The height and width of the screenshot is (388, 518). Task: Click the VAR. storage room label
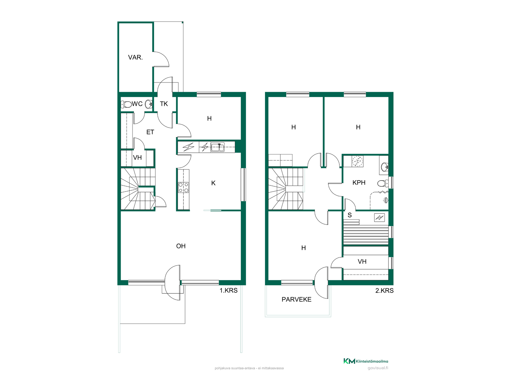[135, 57]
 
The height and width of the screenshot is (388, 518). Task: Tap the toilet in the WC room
[126, 104]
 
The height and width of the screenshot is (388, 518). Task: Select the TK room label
[164, 104]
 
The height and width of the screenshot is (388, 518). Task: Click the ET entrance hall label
[150, 132]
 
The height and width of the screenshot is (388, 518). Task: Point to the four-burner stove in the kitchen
[183, 188]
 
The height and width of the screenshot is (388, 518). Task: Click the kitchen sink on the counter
[217, 147]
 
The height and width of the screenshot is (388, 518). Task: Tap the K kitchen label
[213, 183]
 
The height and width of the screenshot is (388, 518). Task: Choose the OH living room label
[181, 246]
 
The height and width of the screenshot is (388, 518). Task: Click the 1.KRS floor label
[229, 290]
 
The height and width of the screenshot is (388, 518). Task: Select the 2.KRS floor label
[384, 290]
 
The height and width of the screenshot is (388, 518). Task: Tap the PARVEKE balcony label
[297, 299]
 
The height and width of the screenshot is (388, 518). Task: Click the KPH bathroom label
[359, 183]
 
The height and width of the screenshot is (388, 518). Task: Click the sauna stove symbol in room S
[379, 217]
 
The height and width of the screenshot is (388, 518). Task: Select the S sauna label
[350, 215]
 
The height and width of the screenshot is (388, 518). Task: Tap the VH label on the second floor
[362, 261]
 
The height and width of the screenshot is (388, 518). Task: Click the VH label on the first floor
[137, 158]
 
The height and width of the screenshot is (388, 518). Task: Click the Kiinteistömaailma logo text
[372, 361]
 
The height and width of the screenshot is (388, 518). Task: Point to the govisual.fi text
[378, 368]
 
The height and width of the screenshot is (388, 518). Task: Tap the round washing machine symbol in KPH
[357, 161]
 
